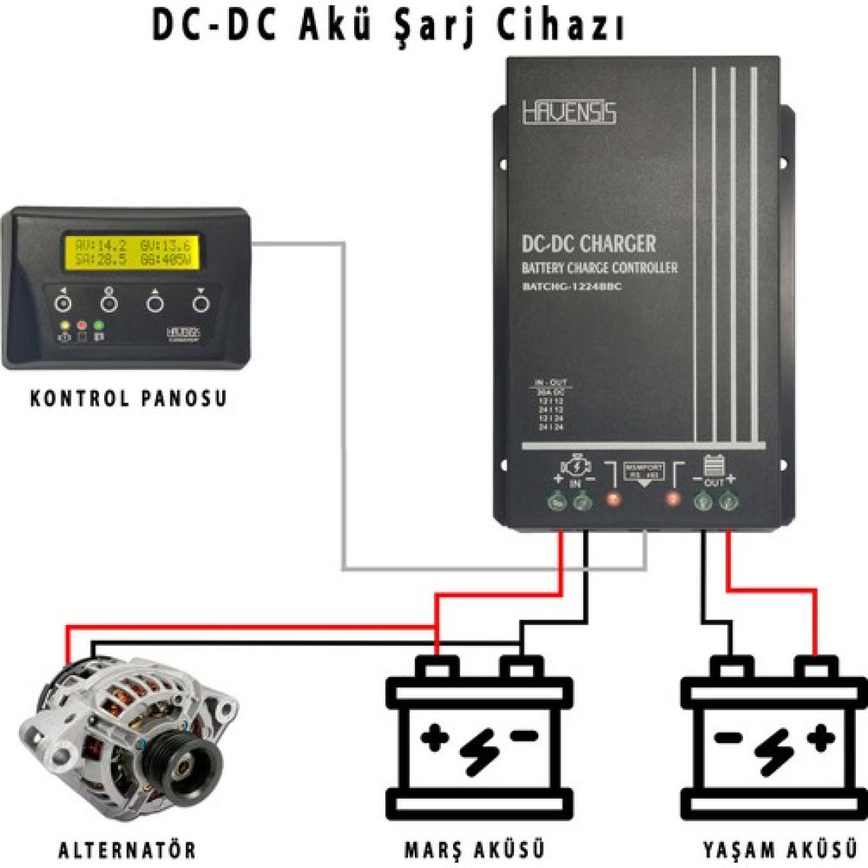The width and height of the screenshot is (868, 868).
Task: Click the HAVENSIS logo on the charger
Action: pos(569,113)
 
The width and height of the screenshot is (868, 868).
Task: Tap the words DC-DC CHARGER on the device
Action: pos(588,244)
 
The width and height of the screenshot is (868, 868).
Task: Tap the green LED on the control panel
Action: pos(98,326)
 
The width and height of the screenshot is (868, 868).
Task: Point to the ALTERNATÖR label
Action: pos(127,848)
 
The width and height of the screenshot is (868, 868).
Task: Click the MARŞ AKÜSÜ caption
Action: pos(474,848)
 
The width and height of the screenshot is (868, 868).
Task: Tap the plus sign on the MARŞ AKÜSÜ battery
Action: pos(435,739)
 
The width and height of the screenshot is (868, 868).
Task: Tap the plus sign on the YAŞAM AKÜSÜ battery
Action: pos(820,739)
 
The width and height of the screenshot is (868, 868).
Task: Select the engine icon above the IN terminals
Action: pos(576,467)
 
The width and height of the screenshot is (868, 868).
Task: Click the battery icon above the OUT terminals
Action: pos(713,465)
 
